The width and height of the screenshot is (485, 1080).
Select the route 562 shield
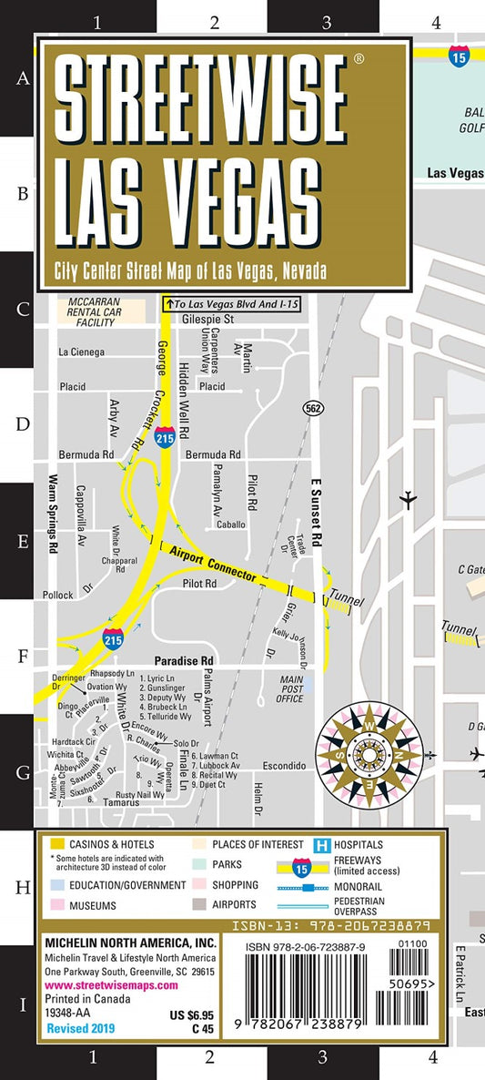(x=313, y=409)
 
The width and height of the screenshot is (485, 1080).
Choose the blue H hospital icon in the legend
(x=320, y=845)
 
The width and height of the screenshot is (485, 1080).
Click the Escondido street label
(x=284, y=766)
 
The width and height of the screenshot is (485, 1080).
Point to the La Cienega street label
(x=81, y=352)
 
